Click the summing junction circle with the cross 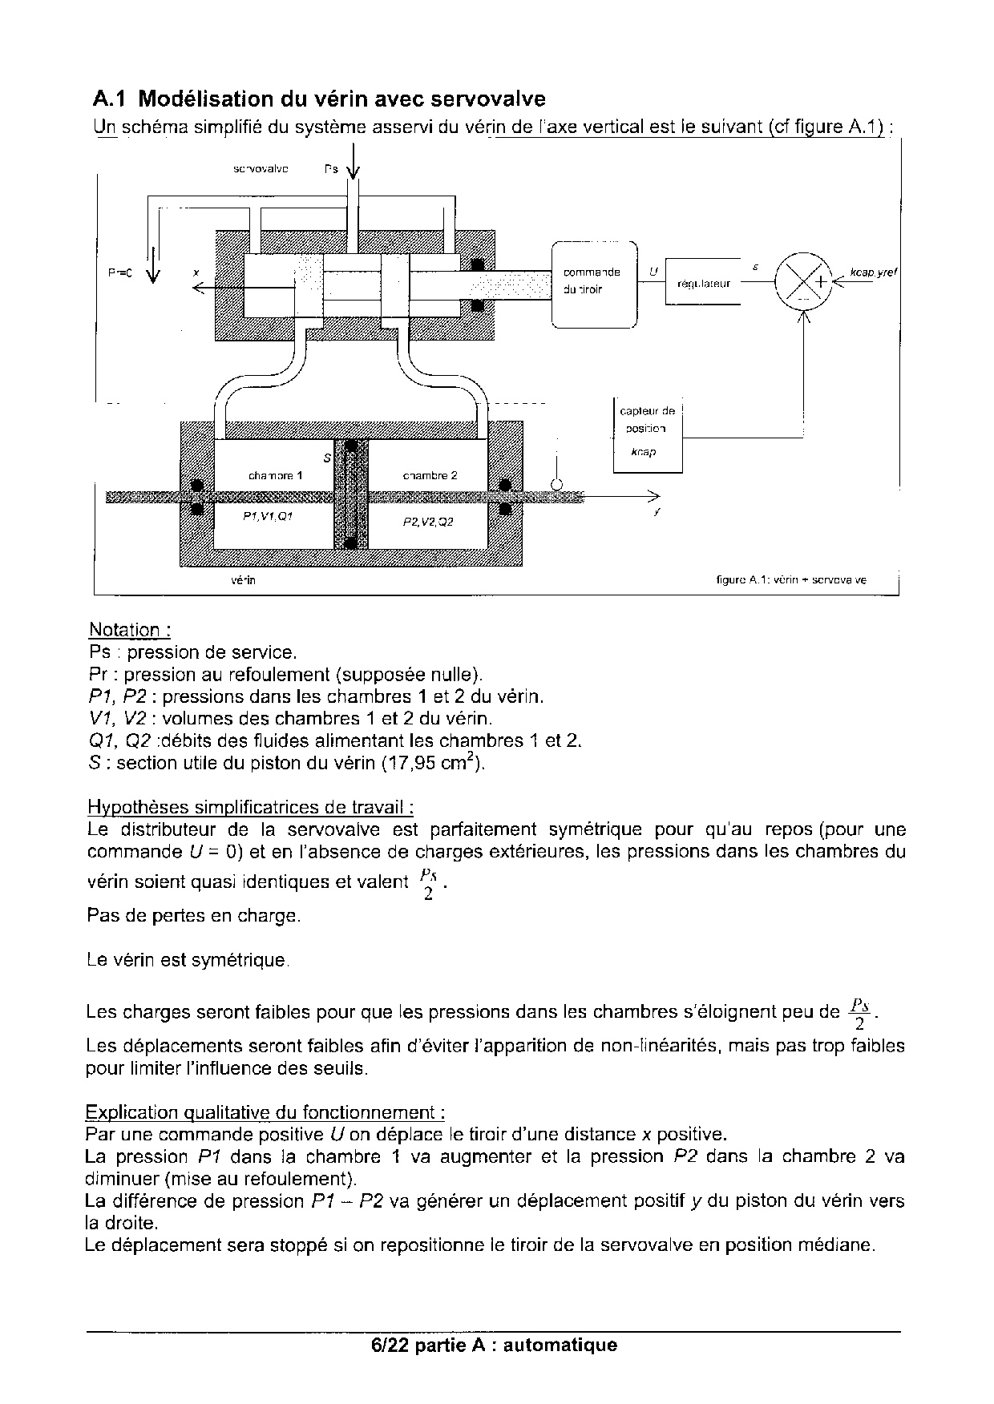(x=804, y=280)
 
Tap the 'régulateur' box (x=703, y=281)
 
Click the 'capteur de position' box (x=648, y=433)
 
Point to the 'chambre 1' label (x=275, y=475)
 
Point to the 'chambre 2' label (x=430, y=475)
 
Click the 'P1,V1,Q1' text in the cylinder (x=268, y=517)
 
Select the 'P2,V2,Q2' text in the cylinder (x=428, y=522)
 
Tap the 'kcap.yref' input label (x=874, y=272)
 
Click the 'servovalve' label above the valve (x=261, y=169)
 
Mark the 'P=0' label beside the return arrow (x=120, y=272)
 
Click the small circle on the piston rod (x=556, y=483)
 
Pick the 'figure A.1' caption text (x=790, y=579)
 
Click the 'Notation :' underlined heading (x=130, y=630)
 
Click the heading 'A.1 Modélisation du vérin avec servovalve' (x=319, y=99)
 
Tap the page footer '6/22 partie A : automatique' (x=495, y=1345)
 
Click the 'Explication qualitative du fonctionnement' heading (x=265, y=1112)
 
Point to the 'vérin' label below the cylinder (x=243, y=579)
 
